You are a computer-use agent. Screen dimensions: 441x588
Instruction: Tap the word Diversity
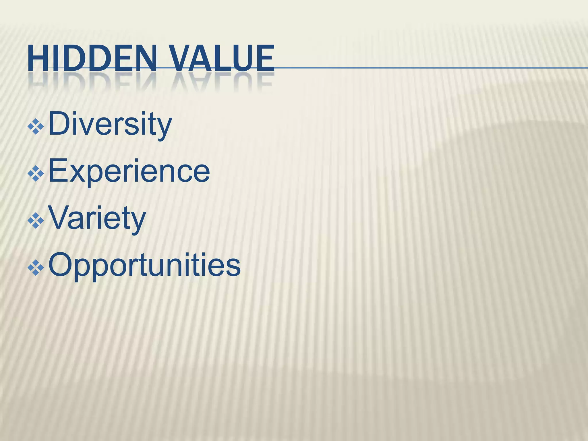(110, 124)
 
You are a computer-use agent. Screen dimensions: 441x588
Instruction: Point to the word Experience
(129, 172)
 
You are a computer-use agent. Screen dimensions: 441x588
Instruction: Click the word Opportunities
(144, 265)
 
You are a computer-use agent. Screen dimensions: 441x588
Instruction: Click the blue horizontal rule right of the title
(431, 68)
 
